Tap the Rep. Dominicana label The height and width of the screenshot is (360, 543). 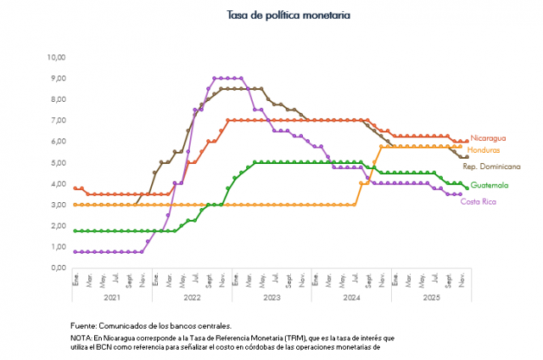(x=491, y=167)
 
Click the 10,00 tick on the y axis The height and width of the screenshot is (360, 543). (x=56, y=58)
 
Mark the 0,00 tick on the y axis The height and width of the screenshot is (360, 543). (x=58, y=268)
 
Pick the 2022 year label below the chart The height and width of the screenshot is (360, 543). (x=192, y=298)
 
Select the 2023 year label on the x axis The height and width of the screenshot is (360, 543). (x=271, y=298)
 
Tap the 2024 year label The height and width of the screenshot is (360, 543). (x=351, y=298)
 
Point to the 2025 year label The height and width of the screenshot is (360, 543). (x=430, y=298)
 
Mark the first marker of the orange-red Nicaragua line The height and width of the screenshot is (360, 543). (x=76, y=188)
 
